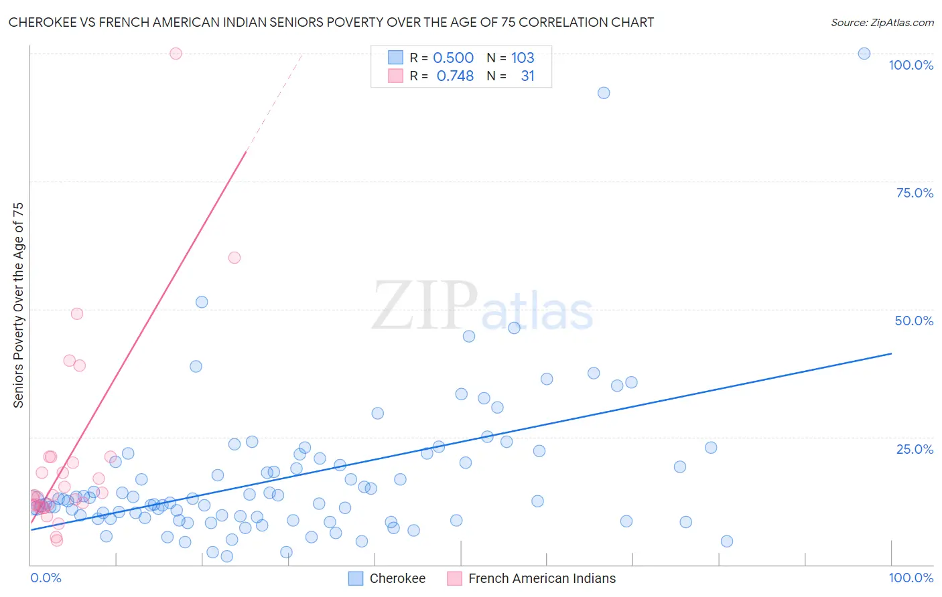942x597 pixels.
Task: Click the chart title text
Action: (331, 22)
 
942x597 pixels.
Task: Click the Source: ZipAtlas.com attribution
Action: (882, 22)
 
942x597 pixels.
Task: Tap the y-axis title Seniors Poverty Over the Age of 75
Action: (18, 305)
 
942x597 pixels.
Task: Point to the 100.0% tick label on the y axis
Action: (911, 65)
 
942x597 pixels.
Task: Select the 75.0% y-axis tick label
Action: (915, 193)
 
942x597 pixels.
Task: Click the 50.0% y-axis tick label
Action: (914, 321)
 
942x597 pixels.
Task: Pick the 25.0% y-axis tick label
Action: (915, 449)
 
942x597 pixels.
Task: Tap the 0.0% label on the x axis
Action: (46, 578)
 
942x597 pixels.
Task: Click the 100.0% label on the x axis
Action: (911, 578)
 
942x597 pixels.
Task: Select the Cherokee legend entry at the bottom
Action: (387, 578)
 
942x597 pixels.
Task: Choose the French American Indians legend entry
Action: (531, 578)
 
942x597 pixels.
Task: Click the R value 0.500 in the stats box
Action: (453, 58)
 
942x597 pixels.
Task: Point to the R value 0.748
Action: (455, 76)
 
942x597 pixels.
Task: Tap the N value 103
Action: (523, 58)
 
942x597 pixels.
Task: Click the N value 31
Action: (527, 76)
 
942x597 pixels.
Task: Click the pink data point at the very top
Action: (176, 54)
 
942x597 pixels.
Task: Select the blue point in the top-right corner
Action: (864, 54)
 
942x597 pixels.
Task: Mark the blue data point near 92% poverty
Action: (604, 93)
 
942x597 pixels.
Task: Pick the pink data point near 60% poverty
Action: (234, 258)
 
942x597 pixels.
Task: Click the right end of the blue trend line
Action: (891, 353)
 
